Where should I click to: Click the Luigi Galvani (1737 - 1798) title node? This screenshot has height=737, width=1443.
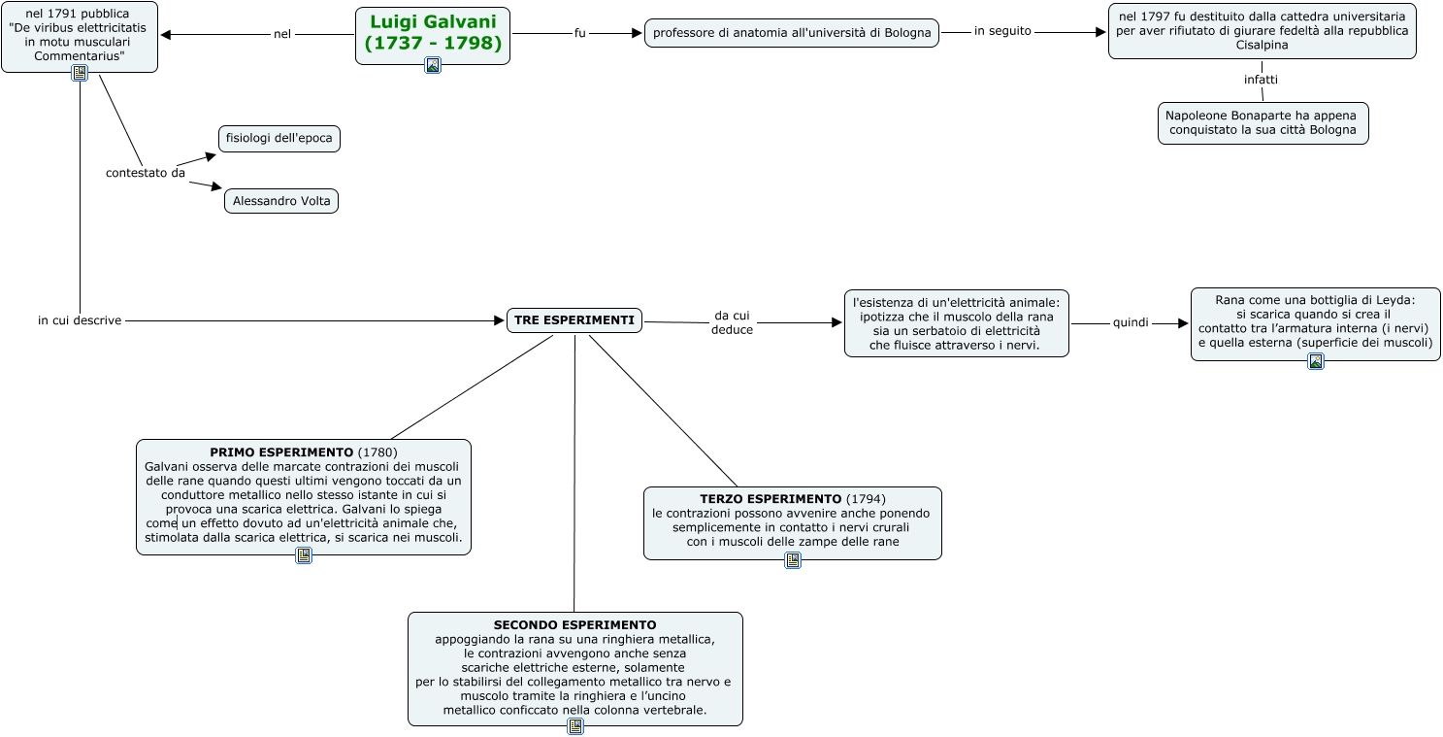click(433, 32)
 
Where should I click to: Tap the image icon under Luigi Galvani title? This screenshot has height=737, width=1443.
click(433, 65)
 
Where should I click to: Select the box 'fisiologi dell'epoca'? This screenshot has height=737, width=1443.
click(279, 138)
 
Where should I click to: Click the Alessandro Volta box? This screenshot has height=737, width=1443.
click(281, 201)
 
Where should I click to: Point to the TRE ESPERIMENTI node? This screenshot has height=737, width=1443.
click(574, 320)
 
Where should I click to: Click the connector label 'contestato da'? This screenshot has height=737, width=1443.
click(146, 173)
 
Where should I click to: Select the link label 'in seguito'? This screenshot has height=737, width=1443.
click(1002, 31)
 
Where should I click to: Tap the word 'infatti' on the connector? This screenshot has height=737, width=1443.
click(1262, 80)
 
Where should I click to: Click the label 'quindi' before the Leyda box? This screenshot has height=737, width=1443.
click(1131, 322)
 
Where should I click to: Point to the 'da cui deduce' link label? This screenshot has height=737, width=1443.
click(732, 322)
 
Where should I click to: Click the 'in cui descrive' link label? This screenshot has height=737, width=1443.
click(80, 320)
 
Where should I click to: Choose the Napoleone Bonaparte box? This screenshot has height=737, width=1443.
click(1263, 122)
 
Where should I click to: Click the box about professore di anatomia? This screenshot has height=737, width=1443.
click(792, 33)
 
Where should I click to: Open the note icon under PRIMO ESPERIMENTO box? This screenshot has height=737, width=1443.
click(304, 555)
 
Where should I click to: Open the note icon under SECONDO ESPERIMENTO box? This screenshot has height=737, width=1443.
click(575, 725)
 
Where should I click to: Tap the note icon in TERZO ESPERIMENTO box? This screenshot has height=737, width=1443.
click(793, 560)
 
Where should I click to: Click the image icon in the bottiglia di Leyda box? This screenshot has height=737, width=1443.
click(1316, 361)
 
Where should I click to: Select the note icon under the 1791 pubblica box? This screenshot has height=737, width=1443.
click(80, 73)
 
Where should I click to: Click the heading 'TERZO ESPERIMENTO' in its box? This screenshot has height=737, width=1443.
click(771, 499)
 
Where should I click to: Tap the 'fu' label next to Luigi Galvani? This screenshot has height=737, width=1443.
click(580, 33)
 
